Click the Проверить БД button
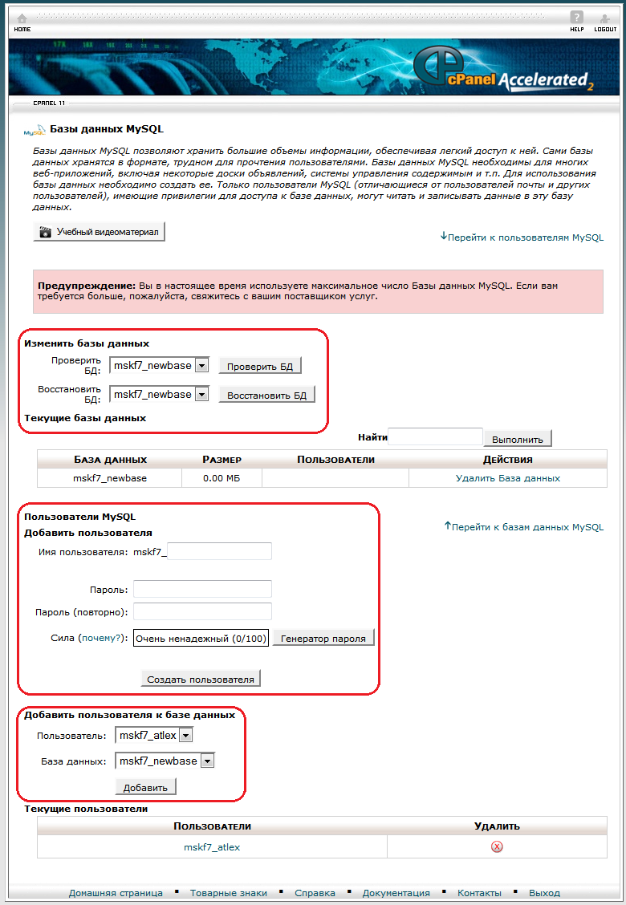pos(260,367)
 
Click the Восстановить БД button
pos(266,396)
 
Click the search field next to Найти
pos(435,437)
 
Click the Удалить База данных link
pos(507,478)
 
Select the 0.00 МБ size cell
pos(222,478)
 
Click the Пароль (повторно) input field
pos(202,612)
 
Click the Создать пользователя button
pos(201,679)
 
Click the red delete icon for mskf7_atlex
pos(497,847)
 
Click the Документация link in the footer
pos(396,893)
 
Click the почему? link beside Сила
pos(104,639)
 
